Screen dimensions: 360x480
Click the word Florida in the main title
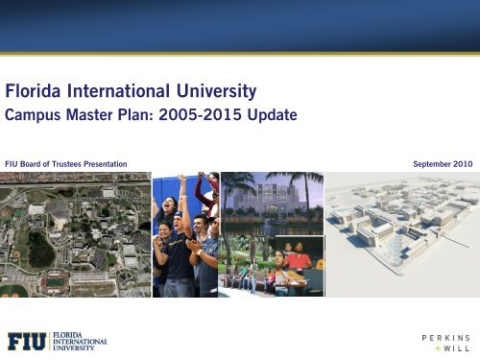(36, 93)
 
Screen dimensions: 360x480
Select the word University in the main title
(221, 93)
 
